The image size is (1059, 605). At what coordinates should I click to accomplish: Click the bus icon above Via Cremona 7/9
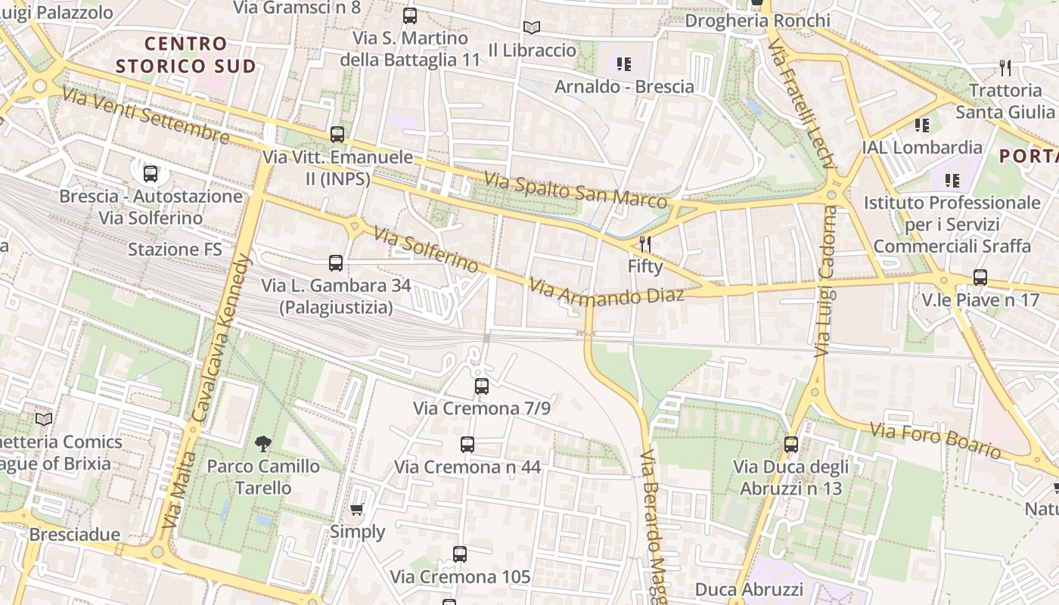pyautogui.click(x=482, y=386)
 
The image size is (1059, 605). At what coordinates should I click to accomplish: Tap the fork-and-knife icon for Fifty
pyautogui.click(x=645, y=244)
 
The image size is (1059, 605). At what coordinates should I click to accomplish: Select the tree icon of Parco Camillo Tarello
pyautogui.click(x=262, y=444)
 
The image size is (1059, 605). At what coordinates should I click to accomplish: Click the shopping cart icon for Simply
pyautogui.click(x=357, y=510)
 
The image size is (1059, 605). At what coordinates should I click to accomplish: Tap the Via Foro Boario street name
pyautogui.click(x=935, y=441)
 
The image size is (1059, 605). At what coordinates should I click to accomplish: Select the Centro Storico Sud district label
pyautogui.click(x=186, y=55)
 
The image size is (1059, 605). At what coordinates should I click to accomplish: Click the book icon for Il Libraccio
pyautogui.click(x=532, y=28)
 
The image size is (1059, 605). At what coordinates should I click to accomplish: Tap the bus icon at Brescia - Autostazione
pyautogui.click(x=151, y=174)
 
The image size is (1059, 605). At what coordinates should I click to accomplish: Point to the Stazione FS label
pyautogui.click(x=175, y=249)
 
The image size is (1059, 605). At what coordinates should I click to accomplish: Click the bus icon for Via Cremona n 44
pyautogui.click(x=467, y=445)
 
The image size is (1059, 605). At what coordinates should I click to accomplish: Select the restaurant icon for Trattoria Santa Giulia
pyautogui.click(x=1005, y=68)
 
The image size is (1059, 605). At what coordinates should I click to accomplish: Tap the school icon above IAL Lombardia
pyautogui.click(x=921, y=125)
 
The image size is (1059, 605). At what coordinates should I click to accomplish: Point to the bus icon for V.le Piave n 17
pyautogui.click(x=980, y=278)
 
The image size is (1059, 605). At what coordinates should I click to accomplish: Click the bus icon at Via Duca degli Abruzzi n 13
pyautogui.click(x=791, y=445)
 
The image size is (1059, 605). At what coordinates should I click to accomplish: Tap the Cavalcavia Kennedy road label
pyautogui.click(x=225, y=333)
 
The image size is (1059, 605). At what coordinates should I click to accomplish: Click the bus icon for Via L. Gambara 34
pyautogui.click(x=336, y=263)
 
